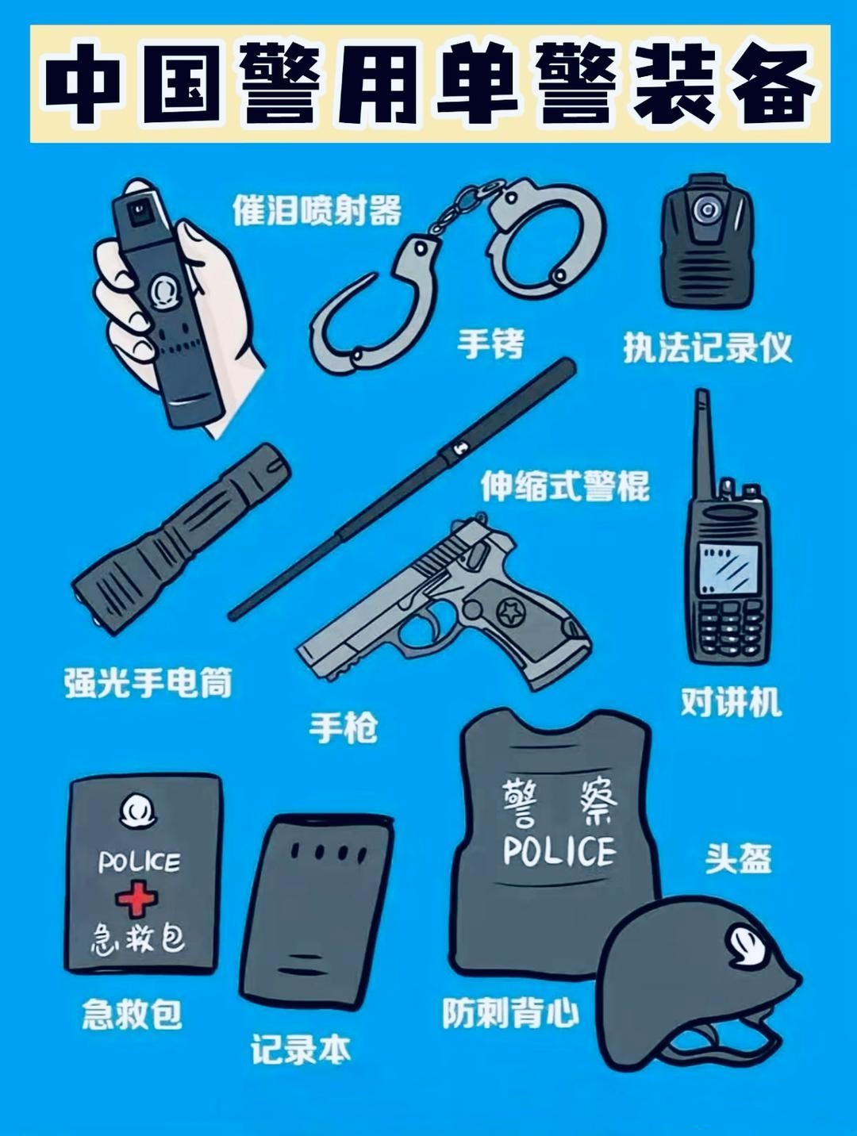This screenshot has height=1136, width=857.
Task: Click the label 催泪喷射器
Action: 317,210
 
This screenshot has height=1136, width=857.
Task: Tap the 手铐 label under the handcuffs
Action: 490,344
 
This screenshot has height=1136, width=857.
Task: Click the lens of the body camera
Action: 705,210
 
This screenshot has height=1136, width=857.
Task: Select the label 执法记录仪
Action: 707,347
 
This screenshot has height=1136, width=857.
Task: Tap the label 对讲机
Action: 730,702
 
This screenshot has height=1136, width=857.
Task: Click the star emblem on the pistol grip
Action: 507,612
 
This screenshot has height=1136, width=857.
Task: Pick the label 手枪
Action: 343,727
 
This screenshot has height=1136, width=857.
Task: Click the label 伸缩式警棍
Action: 565,485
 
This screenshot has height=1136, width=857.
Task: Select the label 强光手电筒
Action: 148,683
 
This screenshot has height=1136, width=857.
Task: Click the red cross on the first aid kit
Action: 136,899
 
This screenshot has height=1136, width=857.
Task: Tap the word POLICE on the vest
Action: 559,850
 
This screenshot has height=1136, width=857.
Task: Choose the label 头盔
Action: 738,858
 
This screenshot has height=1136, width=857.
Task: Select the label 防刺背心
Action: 510,1013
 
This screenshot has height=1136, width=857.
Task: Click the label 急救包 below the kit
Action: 132,1014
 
